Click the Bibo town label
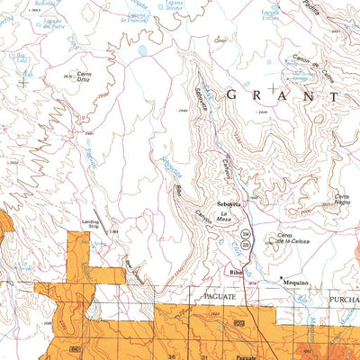[x=237, y=269]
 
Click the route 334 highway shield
[x=258, y=232]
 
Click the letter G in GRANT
[x=232, y=94]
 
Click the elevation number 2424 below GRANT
[x=261, y=112]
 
